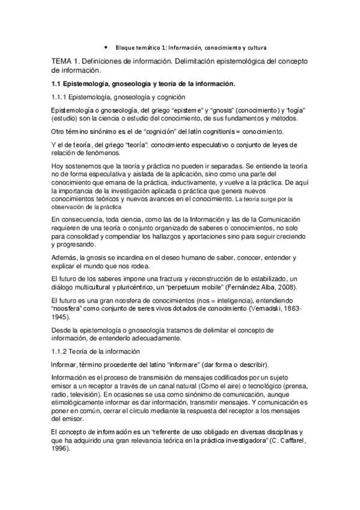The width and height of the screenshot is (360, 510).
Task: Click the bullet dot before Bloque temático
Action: click(106, 46)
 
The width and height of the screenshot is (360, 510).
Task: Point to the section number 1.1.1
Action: click(59, 97)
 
